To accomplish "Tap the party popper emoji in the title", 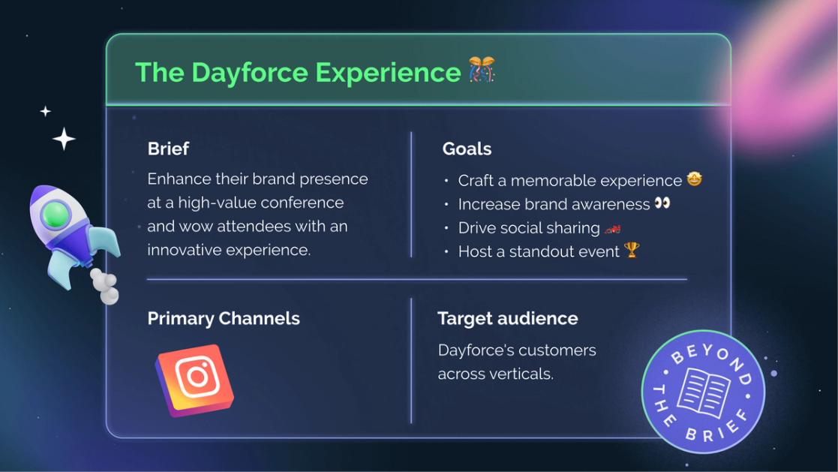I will [x=482, y=71].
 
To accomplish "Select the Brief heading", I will [x=168, y=149].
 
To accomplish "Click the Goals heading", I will [x=467, y=149].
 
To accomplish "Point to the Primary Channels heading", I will [x=224, y=318].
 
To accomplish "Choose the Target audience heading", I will [x=507, y=318].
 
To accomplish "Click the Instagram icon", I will [x=195, y=379].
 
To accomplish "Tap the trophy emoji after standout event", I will [x=632, y=250].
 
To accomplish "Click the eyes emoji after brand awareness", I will [x=662, y=203].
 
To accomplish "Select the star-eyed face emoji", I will [x=694, y=179].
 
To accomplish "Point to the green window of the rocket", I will [x=55, y=216].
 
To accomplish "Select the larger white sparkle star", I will [x=64, y=139].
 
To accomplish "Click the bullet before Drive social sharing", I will [x=446, y=228].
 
